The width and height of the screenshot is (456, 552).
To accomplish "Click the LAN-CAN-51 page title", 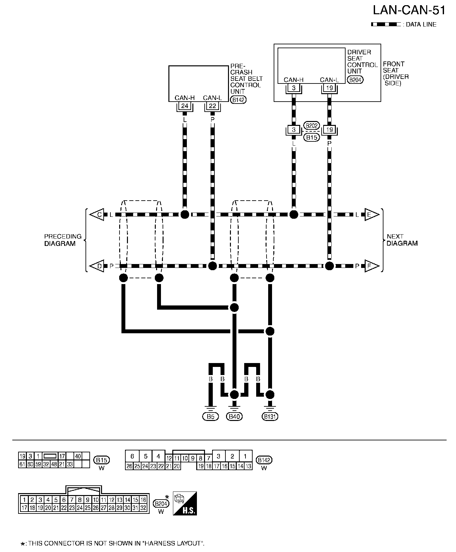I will [409, 10].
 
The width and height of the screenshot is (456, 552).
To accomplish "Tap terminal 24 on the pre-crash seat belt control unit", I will [185, 106].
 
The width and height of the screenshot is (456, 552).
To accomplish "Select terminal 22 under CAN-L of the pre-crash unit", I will [212, 106].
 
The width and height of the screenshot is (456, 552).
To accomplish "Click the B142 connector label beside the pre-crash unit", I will [238, 100].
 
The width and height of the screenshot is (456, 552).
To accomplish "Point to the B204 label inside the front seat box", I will [355, 80].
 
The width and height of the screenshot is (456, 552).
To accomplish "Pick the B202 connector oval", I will [312, 126].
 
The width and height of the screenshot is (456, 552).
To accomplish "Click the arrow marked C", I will [97, 215].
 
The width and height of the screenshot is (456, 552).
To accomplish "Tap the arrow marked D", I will [97, 266].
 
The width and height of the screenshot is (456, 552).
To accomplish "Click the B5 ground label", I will [211, 416].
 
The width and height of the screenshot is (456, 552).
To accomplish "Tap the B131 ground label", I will [270, 416].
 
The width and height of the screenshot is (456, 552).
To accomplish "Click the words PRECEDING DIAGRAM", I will [63, 240].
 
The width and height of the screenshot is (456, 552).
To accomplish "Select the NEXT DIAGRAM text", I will [402, 240].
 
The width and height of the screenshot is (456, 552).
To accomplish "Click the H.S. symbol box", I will [185, 503].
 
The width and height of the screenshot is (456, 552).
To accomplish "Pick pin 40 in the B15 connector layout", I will [78, 456].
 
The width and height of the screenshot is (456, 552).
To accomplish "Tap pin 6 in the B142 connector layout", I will [132, 456].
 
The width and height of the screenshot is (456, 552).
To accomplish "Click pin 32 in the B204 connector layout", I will [143, 508].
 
